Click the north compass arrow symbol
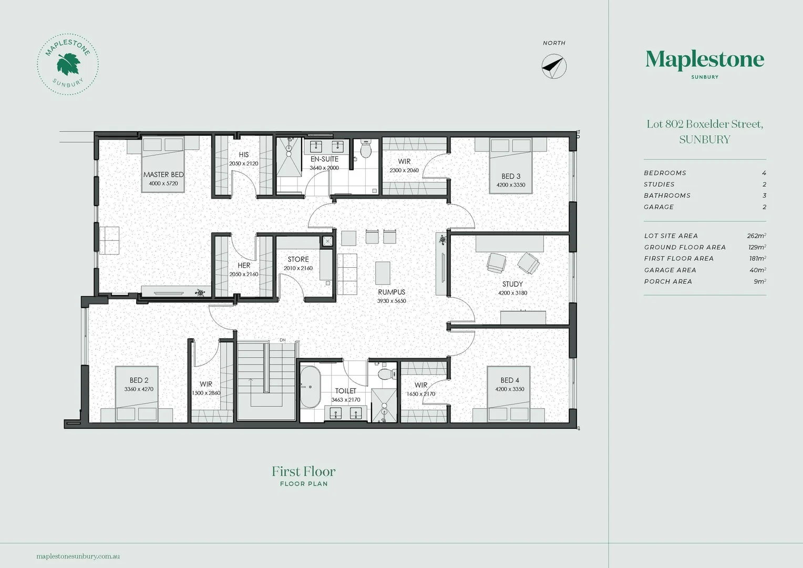click(554, 66)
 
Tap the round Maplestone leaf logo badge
click(68, 64)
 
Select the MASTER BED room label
click(163, 175)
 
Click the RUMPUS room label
click(392, 292)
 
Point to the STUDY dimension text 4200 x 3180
click(512, 293)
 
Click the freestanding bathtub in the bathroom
click(310, 387)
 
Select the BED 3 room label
click(510, 176)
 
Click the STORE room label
click(298, 259)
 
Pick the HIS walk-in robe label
click(244, 155)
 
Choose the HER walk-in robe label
click(244, 266)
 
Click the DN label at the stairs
click(282, 340)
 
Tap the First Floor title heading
click(303, 471)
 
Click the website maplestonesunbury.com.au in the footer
click(78, 556)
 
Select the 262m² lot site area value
click(756, 236)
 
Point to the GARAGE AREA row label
click(670, 270)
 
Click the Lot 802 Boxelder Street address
click(705, 124)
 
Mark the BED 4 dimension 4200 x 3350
click(509, 389)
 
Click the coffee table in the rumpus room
click(383, 273)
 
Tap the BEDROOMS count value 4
click(764, 173)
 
